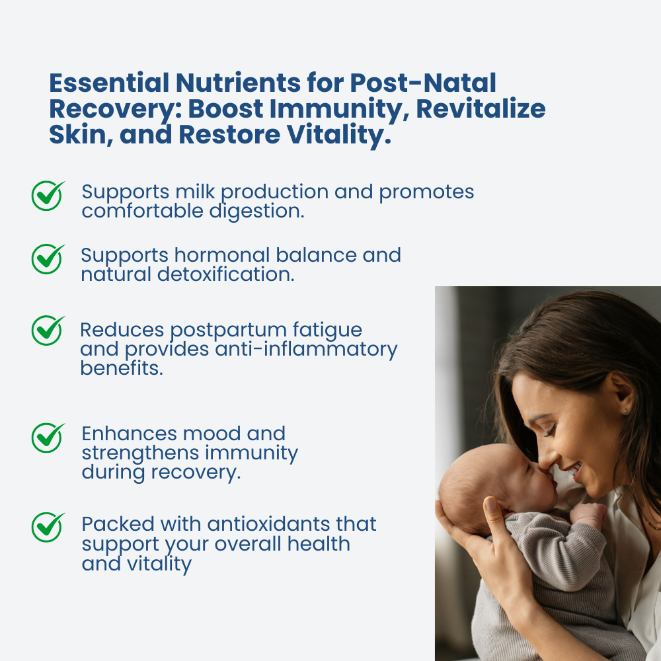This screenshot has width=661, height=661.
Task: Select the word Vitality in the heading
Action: (339, 135)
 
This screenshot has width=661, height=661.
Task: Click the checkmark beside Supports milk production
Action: (48, 196)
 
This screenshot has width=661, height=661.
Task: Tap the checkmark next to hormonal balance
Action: (48, 259)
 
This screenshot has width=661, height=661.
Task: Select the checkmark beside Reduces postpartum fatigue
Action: (48, 330)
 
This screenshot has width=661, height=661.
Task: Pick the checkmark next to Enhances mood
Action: (48, 438)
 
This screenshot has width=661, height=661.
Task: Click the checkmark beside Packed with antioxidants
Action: (48, 527)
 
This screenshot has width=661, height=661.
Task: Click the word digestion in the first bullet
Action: (256, 212)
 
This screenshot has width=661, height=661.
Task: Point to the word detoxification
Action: (226, 274)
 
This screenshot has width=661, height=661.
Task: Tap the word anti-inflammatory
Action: (307, 350)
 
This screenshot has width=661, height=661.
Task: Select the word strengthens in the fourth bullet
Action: (141, 453)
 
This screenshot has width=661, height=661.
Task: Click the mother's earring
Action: (625, 411)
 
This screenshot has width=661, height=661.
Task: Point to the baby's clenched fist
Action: (588, 514)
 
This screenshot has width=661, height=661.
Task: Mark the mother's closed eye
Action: (549, 431)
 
